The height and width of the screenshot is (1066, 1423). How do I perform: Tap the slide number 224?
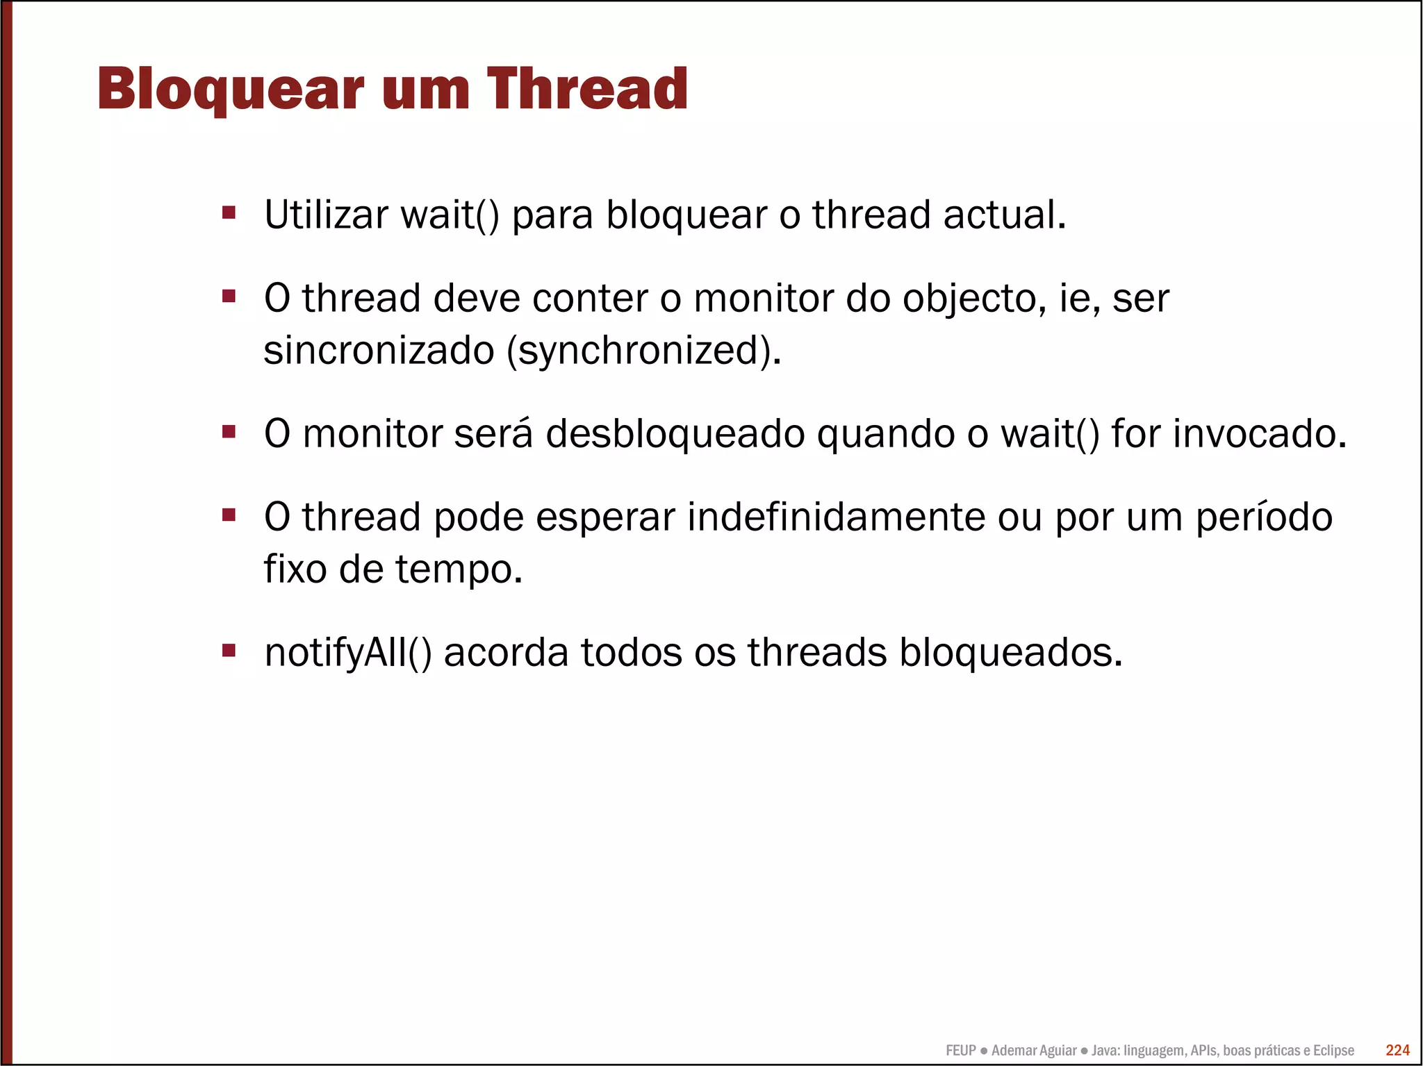(x=1397, y=1050)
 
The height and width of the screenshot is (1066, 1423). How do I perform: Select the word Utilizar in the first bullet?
(x=326, y=215)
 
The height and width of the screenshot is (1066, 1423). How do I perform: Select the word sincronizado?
(x=379, y=350)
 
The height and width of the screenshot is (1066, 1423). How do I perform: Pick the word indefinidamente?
(x=836, y=517)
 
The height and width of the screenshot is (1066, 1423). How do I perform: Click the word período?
(x=1263, y=517)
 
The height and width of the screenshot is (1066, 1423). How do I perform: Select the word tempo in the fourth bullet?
(x=458, y=569)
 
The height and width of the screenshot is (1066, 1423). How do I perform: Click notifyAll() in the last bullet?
(x=348, y=653)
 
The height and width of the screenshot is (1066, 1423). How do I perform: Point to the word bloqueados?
(x=1010, y=653)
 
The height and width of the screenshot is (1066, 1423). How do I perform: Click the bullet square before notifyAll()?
(x=229, y=650)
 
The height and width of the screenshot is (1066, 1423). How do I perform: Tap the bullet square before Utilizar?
(x=229, y=212)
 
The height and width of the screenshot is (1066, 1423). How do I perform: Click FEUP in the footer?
(x=960, y=1051)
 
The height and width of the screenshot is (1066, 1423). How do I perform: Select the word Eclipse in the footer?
(x=1333, y=1051)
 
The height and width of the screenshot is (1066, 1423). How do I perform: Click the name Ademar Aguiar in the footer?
(x=1034, y=1051)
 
